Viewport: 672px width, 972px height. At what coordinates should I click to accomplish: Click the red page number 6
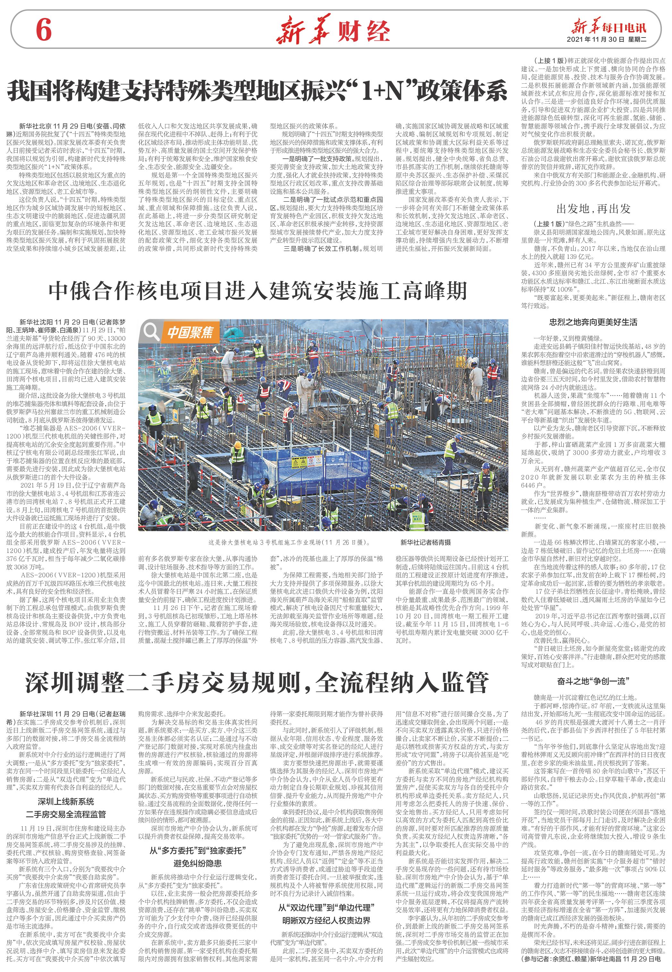[43, 30]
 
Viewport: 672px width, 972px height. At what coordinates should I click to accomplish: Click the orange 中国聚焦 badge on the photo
[190, 332]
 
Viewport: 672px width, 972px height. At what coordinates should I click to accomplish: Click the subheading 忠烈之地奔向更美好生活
[593, 323]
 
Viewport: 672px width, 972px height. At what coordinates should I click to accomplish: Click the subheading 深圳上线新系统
[66, 801]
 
